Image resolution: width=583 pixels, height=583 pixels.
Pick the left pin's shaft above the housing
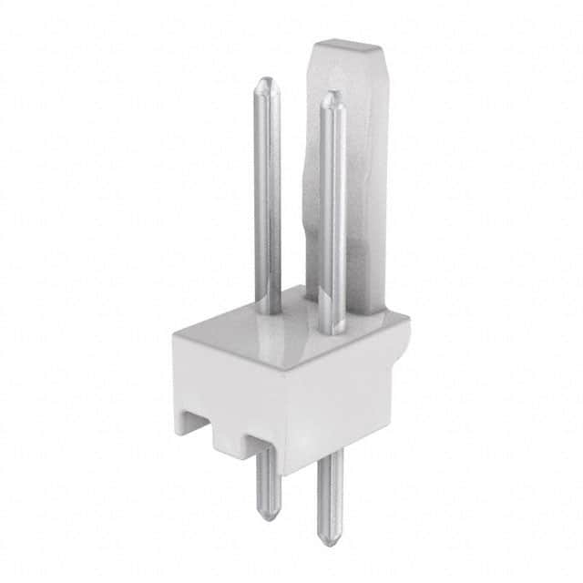tap(267, 200)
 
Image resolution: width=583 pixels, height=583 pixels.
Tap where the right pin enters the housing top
tap(332, 331)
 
